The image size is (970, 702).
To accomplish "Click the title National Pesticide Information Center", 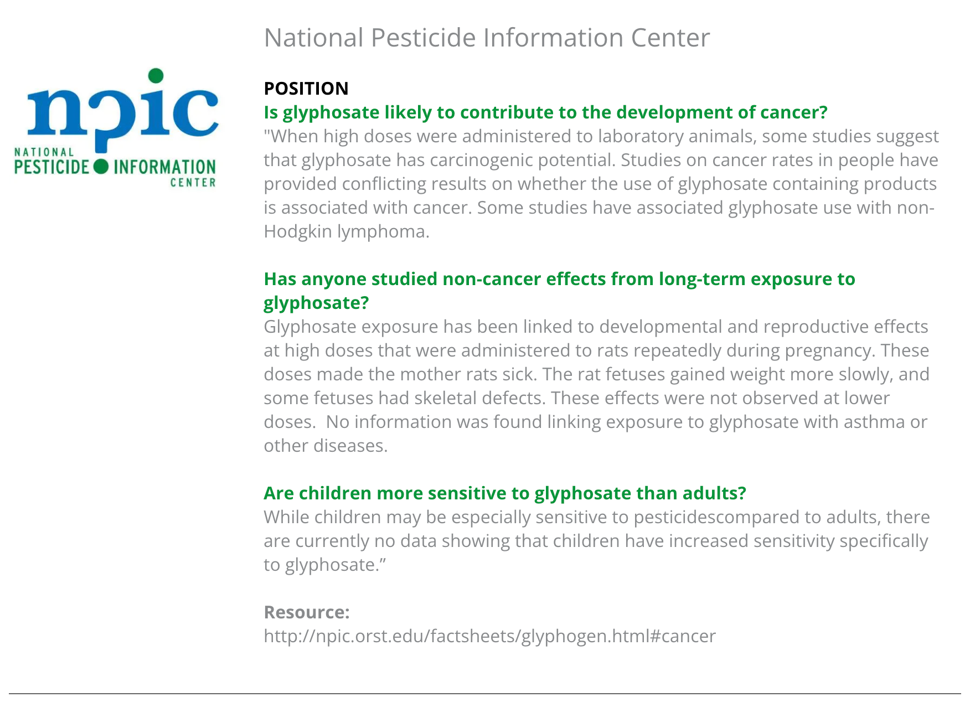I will tap(486, 38).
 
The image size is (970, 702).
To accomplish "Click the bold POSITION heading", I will tap(306, 89).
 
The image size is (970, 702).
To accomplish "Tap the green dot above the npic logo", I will tap(156, 75).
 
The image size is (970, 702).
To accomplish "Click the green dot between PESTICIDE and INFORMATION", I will tap(101, 166).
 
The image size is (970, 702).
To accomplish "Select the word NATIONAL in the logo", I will tap(44, 152).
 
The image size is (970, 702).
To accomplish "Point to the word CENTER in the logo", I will tap(193, 183).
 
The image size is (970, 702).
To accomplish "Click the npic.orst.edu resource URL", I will tap(489, 636).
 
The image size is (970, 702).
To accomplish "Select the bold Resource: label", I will tap(306, 612).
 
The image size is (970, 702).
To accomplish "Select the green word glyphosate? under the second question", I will tap(316, 303).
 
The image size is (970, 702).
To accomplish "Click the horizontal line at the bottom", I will tap(485, 693).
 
